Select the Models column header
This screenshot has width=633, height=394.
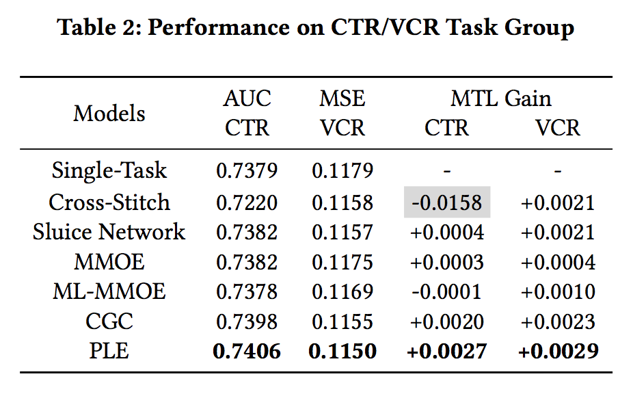tap(109, 113)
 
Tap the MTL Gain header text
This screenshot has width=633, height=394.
tap(501, 98)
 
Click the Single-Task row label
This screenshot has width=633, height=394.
tap(109, 170)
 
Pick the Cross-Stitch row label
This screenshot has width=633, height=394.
tap(109, 202)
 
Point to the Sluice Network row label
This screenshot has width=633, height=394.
tap(109, 232)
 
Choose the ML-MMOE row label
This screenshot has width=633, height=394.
tap(109, 291)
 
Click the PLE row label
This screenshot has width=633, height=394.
tap(109, 351)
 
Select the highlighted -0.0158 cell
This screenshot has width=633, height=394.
tap(447, 202)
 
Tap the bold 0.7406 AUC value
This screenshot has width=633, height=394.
tap(247, 351)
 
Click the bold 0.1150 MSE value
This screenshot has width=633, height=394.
tap(342, 351)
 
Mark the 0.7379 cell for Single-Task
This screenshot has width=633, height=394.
tap(247, 170)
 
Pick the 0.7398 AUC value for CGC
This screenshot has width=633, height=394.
tap(247, 321)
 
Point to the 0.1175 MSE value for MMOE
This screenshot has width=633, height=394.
tap(342, 262)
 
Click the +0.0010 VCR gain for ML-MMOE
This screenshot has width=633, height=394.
tap(558, 291)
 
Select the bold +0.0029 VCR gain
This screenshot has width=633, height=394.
tap(558, 351)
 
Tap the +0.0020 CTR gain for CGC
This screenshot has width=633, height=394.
tap(447, 321)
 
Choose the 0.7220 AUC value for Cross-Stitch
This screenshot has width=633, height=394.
tap(247, 202)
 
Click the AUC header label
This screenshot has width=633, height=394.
tap(247, 98)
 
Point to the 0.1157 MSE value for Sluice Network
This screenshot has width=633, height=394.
tap(342, 232)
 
